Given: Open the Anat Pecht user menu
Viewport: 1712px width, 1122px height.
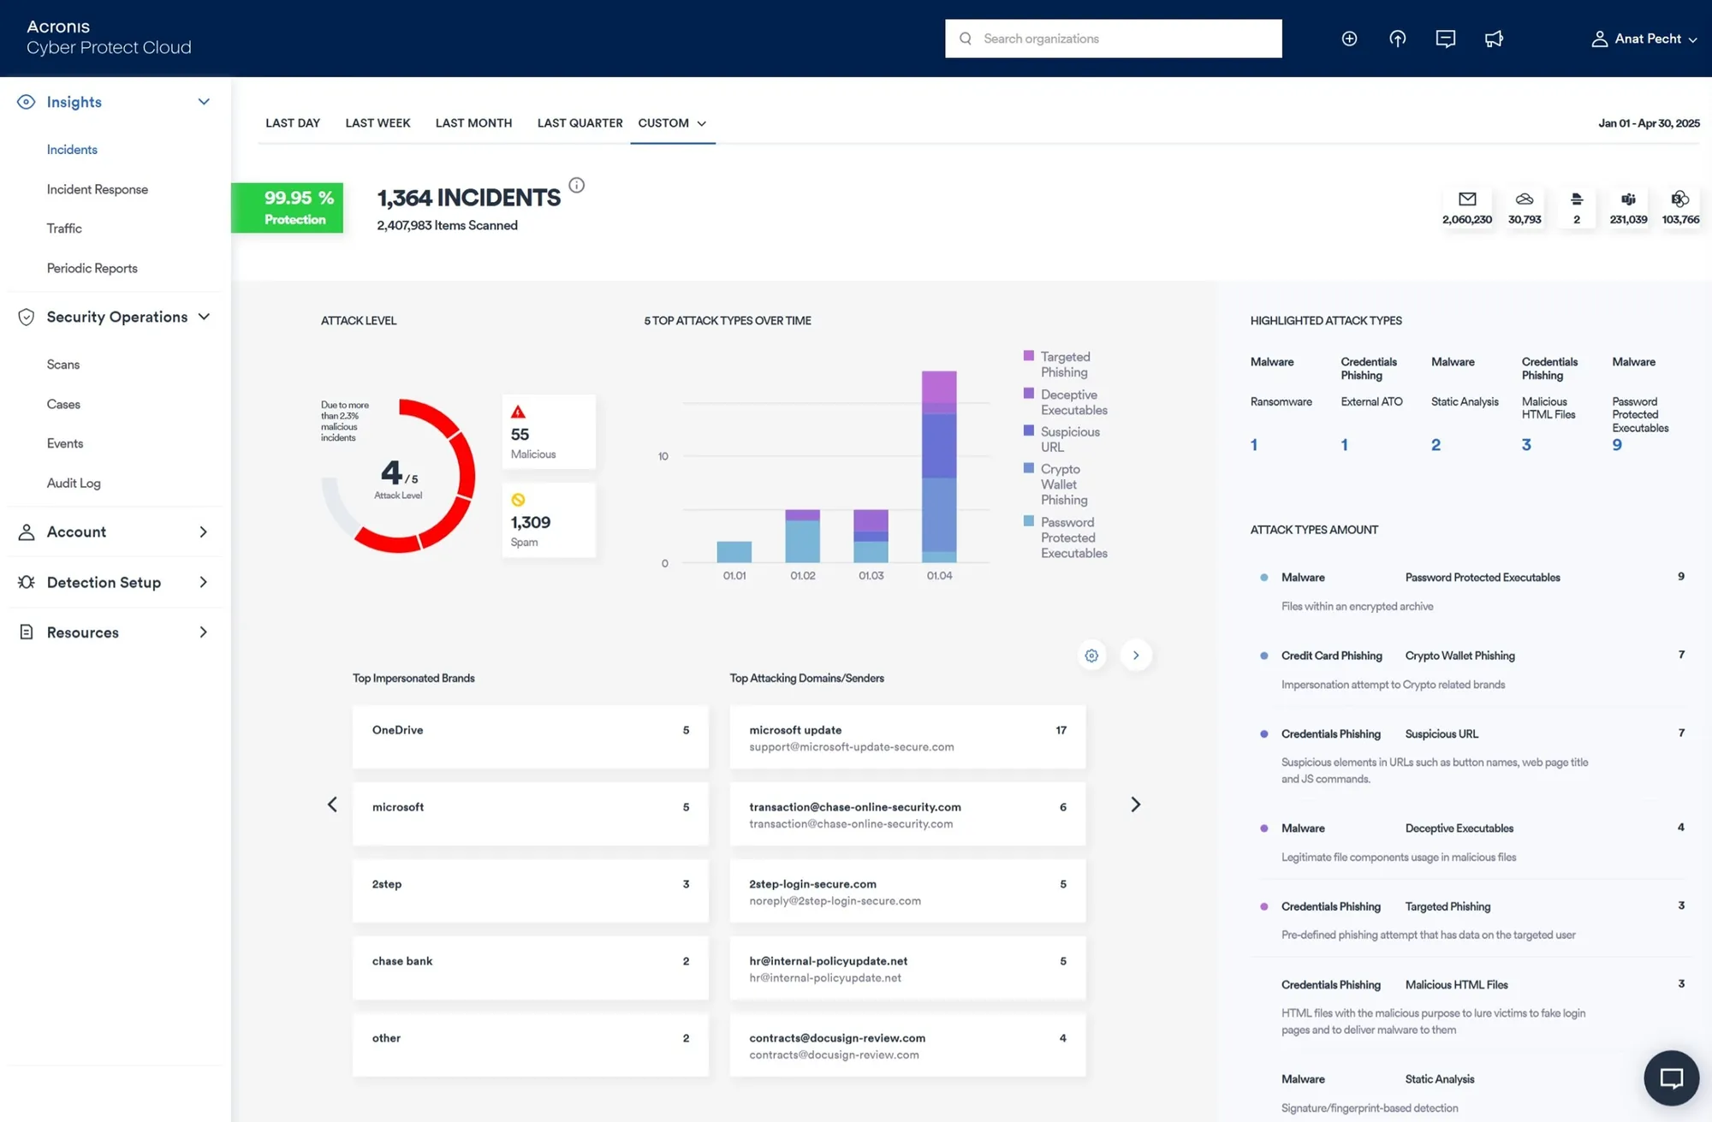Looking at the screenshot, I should pyautogui.click(x=1644, y=39).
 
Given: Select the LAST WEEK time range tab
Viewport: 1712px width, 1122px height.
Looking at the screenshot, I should pyautogui.click(x=377, y=123).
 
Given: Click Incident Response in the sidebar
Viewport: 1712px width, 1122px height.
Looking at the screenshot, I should pyautogui.click(x=97, y=189).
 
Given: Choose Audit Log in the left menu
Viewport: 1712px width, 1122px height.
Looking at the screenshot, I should pyautogui.click(x=74, y=483).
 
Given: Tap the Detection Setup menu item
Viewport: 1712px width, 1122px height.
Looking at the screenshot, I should pyautogui.click(x=104, y=582).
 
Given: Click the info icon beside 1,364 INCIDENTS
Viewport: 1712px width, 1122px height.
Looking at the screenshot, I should pyautogui.click(x=577, y=185).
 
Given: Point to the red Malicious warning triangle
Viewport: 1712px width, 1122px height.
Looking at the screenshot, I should pyautogui.click(x=518, y=412).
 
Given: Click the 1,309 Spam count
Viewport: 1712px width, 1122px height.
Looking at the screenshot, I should pyautogui.click(x=531, y=522).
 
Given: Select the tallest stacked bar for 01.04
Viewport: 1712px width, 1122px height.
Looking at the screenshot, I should pyautogui.click(x=939, y=466).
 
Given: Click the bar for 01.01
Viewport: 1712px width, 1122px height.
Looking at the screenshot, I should pyautogui.click(x=734, y=552).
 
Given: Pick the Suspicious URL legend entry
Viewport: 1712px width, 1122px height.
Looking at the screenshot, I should pyautogui.click(x=1069, y=439).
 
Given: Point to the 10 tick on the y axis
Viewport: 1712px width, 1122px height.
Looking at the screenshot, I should pyautogui.click(x=663, y=456).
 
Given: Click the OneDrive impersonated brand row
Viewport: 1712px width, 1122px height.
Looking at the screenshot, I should pyautogui.click(x=530, y=737).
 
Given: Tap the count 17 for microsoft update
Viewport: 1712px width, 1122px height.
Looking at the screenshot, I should pyautogui.click(x=1061, y=730).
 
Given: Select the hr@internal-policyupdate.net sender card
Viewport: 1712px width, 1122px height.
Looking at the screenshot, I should pyautogui.click(x=907, y=968).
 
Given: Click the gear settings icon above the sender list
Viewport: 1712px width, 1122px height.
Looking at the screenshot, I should pyautogui.click(x=1091, y=656).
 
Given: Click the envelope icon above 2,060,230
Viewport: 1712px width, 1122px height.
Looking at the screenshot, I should pyautogui.click(x=1467, y=199).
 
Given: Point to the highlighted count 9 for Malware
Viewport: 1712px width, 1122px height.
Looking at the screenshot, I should pyautogui.click(x=1617, y=445).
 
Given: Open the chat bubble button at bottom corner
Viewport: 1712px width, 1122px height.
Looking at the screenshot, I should pyautogui.click(x=1671, y=1077).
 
